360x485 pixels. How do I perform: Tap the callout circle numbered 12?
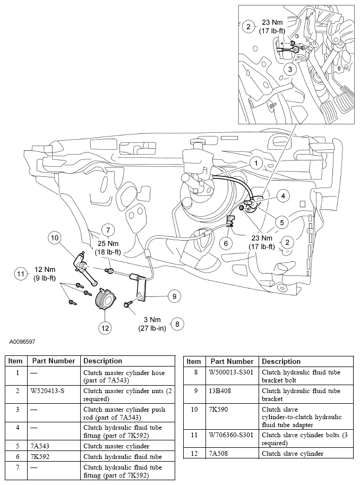pyautogui.click(x=105, y=328)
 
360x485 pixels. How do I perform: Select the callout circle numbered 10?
pyautogui.click(x=54, y=237)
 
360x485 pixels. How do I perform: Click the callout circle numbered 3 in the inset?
pyautogui.click(x=289, y=69)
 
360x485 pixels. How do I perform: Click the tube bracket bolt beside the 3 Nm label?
pyautogui.click(x=128, y=304)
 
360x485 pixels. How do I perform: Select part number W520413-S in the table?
pyautogui.click(x=45, y=390)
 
